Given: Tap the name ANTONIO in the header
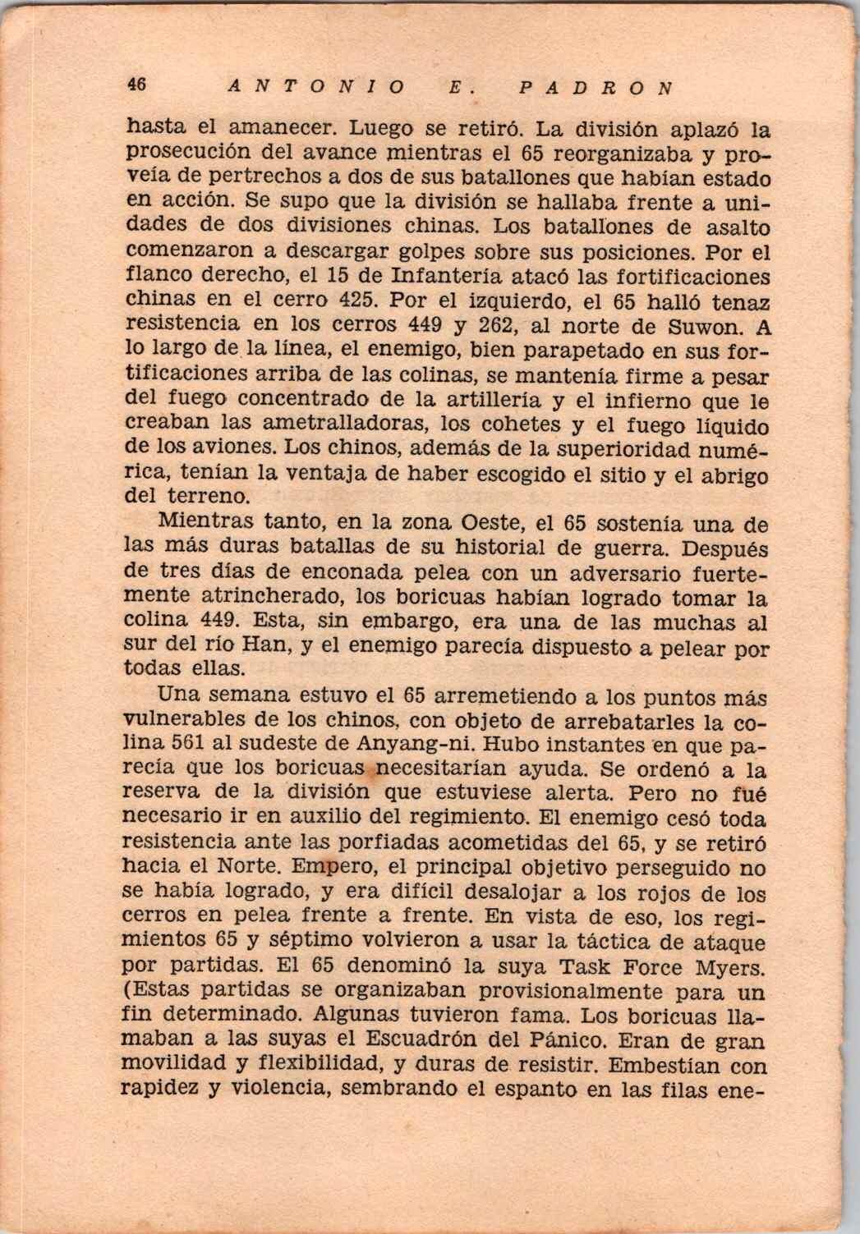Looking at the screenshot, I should click(x=313, y=85).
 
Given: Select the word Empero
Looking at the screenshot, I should click(x=328, y=868).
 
